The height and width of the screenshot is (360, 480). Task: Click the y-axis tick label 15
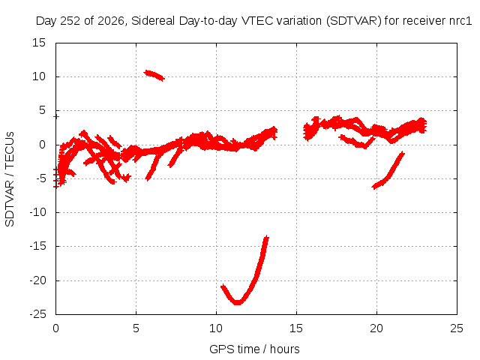click(38, 43)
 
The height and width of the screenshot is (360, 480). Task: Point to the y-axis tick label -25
click(37, 314)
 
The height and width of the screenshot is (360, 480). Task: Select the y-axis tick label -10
click(37, 212)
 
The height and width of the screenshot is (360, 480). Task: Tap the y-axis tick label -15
click(37, 246)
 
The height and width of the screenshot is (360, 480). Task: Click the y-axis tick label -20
click(37, 280)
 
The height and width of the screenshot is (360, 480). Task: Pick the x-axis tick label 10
click(216, 328)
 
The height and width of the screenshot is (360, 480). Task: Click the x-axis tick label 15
click(296, 328)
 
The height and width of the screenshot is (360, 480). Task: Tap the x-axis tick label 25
click(457, 328)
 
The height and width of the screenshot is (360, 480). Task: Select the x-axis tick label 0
click(55, 328)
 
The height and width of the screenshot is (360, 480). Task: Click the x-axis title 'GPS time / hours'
click(254, 349)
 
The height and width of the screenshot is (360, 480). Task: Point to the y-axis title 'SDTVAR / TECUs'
click(10, 179)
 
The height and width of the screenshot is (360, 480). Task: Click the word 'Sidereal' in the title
click(153, 21)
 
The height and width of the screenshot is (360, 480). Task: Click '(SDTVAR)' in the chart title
click(353, 21)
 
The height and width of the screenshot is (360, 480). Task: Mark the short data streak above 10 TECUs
click(154, 75)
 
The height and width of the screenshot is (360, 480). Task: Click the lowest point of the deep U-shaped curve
click(237, 303)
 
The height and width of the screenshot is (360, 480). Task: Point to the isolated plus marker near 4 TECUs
click(55, 117)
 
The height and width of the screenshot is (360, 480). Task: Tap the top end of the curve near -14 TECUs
click(267, 237)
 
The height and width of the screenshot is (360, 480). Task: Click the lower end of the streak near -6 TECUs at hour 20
click(374, 187)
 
